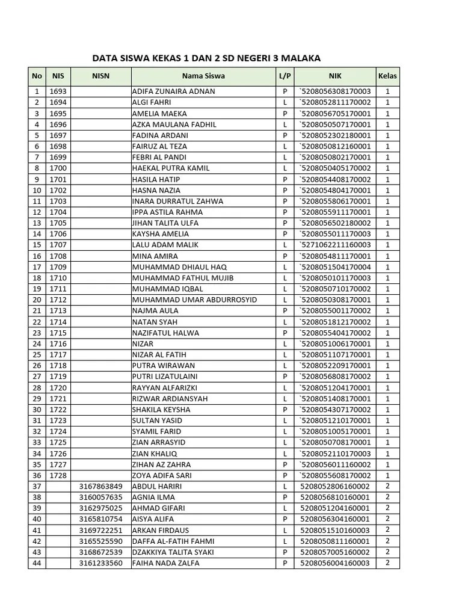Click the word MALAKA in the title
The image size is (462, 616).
300,58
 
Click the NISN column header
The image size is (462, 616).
100,76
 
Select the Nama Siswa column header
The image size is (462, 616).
203,76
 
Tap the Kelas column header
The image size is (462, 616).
387,76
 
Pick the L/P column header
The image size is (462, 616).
285,76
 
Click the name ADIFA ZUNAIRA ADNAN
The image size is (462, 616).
173,91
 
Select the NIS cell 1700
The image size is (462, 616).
58,168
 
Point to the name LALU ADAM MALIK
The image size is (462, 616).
165,245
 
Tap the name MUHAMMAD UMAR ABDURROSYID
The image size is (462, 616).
194,300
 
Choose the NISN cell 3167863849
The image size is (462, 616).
100,486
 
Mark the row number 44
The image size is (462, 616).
37,563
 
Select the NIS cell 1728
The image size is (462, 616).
58,475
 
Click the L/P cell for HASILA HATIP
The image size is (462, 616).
285,179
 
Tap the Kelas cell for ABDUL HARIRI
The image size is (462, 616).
387,486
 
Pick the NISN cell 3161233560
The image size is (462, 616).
100,563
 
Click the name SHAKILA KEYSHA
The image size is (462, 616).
161,410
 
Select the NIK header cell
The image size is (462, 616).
335,76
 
